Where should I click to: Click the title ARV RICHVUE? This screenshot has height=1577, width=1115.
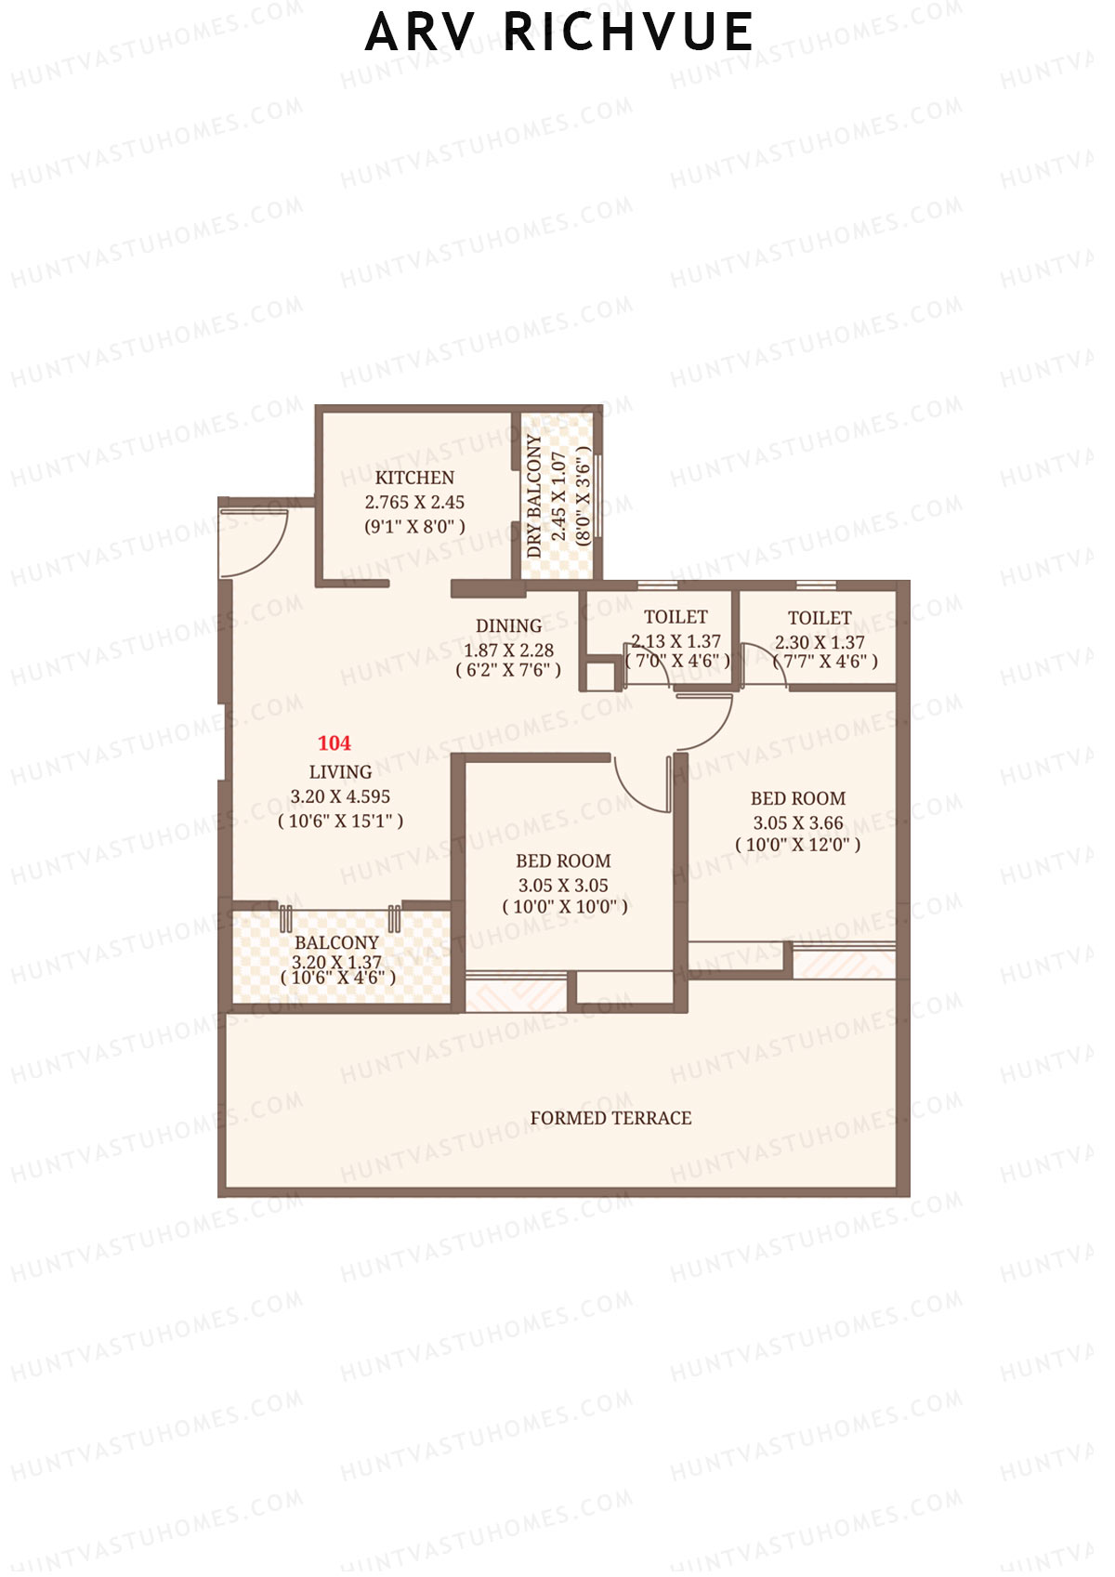pos(558,33)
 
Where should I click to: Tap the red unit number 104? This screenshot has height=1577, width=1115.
pos(334,743)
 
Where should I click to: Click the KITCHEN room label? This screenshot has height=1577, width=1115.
pos(414,478)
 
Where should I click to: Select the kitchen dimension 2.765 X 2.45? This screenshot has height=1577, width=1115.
pos(414,502)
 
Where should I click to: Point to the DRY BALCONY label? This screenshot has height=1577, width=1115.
pos(534,496)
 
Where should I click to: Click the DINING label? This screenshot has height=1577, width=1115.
pos(508,626)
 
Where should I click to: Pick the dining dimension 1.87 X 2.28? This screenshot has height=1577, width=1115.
pos(508,651)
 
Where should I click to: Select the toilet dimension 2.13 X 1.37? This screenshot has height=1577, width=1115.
pos(676,641)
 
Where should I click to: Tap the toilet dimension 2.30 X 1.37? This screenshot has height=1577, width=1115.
pos(820,642)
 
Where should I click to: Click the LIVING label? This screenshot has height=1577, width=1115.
pos(340,772)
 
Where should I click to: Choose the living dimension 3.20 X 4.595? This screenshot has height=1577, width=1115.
pos(340,796)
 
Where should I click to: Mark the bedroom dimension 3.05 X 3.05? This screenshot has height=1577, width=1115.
pos(563,886)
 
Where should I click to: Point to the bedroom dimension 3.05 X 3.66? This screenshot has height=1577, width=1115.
pos(798,823)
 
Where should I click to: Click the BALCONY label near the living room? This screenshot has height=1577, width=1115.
pos(336,942)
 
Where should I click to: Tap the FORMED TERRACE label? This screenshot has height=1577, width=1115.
pos(610,1118)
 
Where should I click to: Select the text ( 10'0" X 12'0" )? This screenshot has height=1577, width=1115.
pos(798,846)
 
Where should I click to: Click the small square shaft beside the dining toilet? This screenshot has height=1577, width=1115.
pos(600,675)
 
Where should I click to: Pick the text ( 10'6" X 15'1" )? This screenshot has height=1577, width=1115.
pos(340,821)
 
